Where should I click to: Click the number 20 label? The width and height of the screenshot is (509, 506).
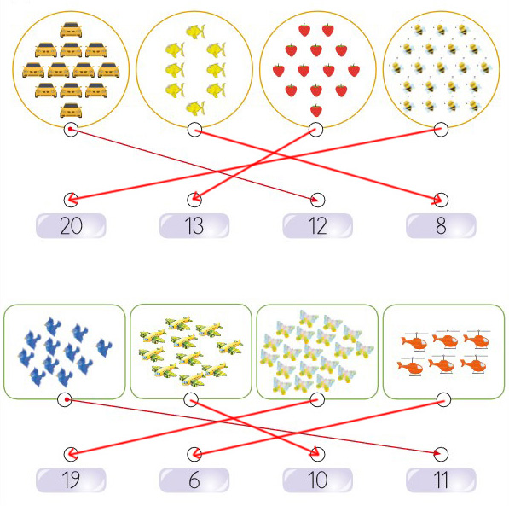coord(71,225)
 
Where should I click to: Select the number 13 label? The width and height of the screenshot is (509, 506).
coord(194,225)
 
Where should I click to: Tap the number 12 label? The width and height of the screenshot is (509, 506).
coord(317,225)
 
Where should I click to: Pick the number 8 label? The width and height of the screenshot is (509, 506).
coord(441,225)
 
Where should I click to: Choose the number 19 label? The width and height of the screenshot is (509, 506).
coord(71,480)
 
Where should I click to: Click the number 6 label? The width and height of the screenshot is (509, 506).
coord(194,480)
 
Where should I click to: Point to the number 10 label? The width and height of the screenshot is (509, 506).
coord(317,480)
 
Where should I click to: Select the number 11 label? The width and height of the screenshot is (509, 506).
coord(441,480)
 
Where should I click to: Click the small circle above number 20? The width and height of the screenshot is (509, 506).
coord(71,200)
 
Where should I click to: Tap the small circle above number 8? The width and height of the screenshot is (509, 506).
coord(441,200)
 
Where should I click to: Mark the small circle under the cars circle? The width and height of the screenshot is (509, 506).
coord(71,130)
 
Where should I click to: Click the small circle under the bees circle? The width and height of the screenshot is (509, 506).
coord(441,130)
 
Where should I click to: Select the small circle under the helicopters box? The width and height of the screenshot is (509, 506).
coord(443,399)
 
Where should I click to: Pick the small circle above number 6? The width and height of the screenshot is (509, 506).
coord(194,454)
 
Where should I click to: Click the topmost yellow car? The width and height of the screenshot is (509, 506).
coord(71,30)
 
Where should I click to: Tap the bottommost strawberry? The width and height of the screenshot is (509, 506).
coord(316,110)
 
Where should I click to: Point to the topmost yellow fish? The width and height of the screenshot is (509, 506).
coord(195,32)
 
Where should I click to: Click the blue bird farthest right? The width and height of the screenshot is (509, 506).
coord(104,347)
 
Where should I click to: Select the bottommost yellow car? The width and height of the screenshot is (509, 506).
coord(71,110)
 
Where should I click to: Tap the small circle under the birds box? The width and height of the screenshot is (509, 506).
coord(64,399)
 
